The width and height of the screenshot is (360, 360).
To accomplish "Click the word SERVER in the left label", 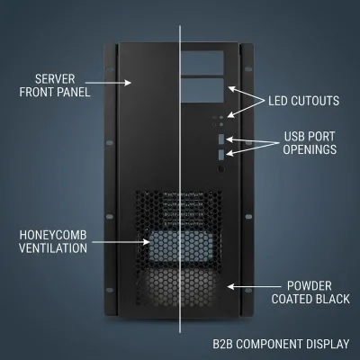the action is click(55, 79).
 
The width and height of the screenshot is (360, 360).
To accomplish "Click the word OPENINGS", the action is click(310, 149).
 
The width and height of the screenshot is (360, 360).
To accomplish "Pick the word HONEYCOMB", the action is click(53, 235).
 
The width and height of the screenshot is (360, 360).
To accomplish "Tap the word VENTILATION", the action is click(53, 248).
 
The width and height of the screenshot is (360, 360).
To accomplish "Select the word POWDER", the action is click(310, 286).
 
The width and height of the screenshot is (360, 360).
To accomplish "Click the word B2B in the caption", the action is click(223, 344).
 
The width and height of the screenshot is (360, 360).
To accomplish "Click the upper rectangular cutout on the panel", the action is click(202, 63).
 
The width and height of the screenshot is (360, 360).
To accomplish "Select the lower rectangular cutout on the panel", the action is click(202, 90).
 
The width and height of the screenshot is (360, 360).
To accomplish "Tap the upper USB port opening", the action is click(221, 139).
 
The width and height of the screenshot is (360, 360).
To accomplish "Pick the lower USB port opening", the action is click(221, 155).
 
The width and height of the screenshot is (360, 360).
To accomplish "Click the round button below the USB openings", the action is click(221, 169).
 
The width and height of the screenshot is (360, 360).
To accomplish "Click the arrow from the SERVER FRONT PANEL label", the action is click(108, 83).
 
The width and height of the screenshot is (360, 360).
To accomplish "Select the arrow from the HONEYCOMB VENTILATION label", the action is click(121, 242).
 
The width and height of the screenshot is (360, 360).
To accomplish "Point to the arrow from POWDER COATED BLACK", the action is click(254, 287).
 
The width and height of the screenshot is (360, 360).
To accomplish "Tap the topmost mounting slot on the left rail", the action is click(109, 69).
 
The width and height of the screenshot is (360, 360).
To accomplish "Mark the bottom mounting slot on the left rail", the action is click(110, 290).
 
